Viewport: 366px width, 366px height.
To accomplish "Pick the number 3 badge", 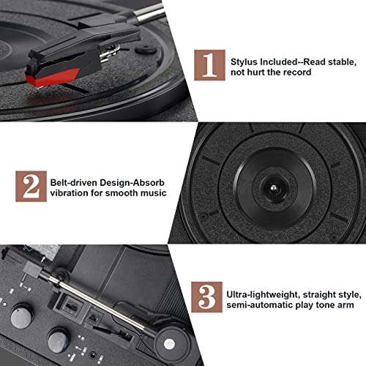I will (209, 297).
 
